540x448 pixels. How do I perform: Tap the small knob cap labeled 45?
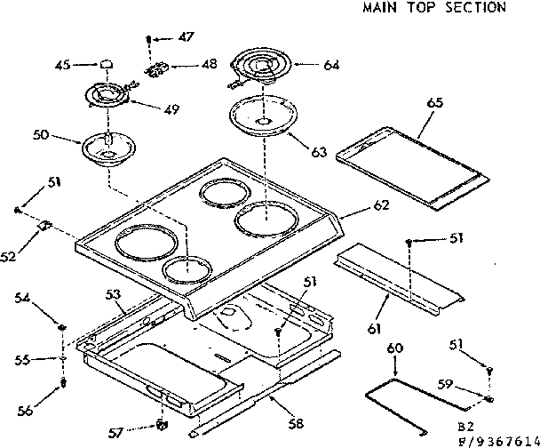tap(107, 64)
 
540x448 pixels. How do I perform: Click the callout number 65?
tap(435, 103)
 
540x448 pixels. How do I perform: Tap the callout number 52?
tap(9, 258)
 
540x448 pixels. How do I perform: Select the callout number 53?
tap(113, 293)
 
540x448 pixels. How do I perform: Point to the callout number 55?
tap(24, 360)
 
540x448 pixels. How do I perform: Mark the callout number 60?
tap(395, 348)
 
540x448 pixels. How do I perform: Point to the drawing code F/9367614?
tap(496, 440)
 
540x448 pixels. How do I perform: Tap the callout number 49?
tap(171, 109)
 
